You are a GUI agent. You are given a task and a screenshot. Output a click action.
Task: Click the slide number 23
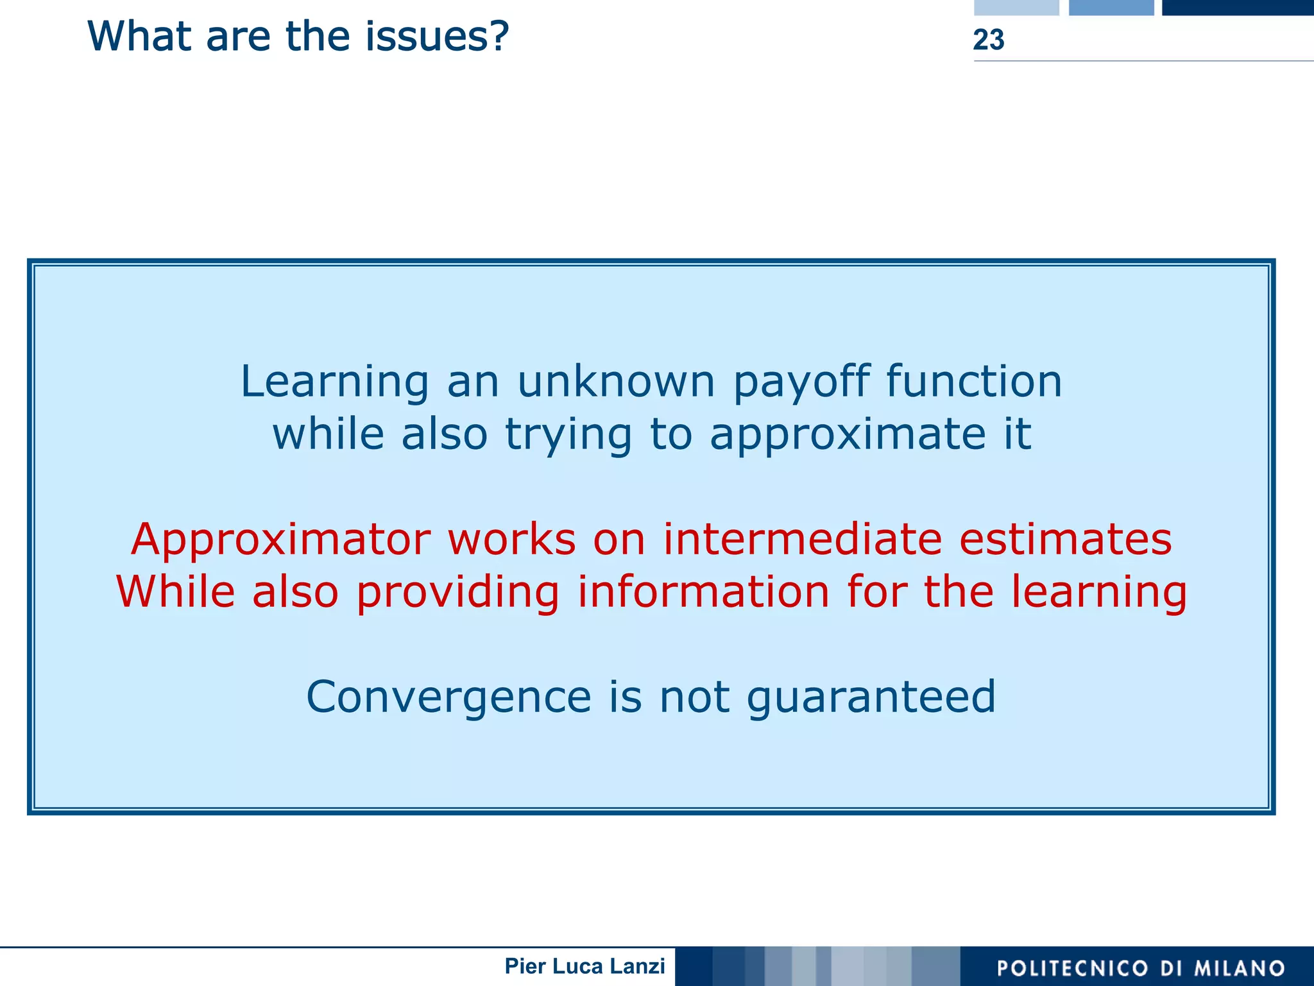(x=988, y=40)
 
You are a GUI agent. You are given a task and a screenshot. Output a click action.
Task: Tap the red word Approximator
(x=280, y=540)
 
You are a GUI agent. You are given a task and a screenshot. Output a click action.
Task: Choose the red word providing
(x=457, y=593)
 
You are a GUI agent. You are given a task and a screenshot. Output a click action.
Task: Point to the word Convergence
(x=448, y=698)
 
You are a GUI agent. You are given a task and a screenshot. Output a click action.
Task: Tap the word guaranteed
(x=871, y=698)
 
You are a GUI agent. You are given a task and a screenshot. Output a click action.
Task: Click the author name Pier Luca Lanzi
(x=584, y=966)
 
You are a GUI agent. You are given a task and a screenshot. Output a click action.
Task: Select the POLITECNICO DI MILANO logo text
(x=1141, y=967)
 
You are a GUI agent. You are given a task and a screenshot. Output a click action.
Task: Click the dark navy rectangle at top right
(x=1237, y=7)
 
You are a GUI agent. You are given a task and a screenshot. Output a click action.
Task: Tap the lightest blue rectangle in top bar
(x=1016, y=7)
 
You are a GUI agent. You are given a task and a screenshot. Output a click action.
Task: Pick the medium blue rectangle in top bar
(x=1111, y=7)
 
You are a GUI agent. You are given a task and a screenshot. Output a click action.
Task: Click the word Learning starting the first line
(x=334, y=383)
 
